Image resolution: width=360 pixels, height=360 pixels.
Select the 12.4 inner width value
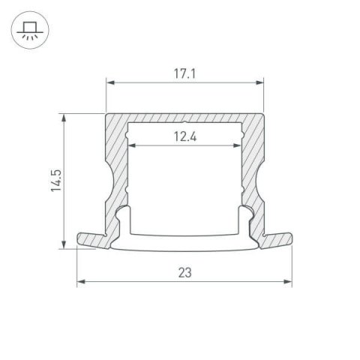(184, 135)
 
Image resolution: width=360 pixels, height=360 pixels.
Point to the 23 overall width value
(184, 274)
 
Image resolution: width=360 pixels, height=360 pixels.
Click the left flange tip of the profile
(81, 239)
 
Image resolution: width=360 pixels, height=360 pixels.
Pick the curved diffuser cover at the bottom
(184, 241)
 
